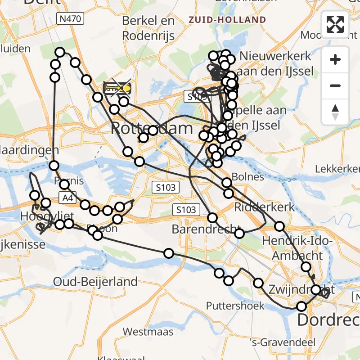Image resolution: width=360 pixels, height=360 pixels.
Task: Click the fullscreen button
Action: coord(335,24)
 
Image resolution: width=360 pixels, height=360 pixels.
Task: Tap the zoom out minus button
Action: coord(335,85)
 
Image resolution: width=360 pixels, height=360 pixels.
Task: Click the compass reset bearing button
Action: coord(335,112)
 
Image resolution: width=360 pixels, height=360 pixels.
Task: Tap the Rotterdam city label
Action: coord(152,129)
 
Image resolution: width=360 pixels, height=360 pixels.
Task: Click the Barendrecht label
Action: coord(204,229)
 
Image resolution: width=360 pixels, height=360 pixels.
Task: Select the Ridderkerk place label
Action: coord(265,207)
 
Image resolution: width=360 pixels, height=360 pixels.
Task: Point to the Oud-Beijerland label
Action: coord(95,282)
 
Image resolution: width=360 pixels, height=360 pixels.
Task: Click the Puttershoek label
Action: coord(235,306)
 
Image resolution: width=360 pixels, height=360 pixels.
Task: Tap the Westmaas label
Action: coord(148,332)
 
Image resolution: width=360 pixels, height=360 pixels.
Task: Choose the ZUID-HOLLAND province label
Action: coord(227,20)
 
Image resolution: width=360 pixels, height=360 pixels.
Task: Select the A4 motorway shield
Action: coord(67,197)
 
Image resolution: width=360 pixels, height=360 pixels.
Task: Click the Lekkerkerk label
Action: coord(338,169)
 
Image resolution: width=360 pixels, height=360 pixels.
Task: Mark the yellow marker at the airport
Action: coord(126,88)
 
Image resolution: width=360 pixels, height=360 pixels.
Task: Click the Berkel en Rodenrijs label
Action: coord(148,28)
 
